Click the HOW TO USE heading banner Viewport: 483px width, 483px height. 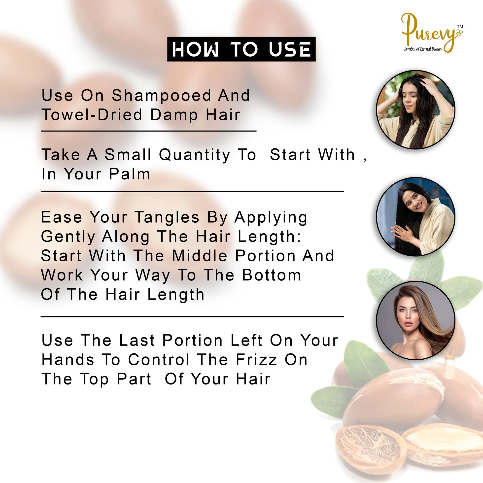[x=241, y=49]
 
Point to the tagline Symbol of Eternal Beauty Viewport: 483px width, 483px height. [x=423, y=49]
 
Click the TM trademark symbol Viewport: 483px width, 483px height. [x=460, y=27]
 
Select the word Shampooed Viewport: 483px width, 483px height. [x=161, y=96]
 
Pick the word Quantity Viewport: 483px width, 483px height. [x=195, y=155]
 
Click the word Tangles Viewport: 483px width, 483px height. [x=167, y=217]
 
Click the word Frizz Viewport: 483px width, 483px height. [x=256, y=359]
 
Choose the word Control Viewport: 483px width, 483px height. [x=159, y=359]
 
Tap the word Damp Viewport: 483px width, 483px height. [x=174, y=115]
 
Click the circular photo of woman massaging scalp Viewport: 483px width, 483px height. [x=415, y=110]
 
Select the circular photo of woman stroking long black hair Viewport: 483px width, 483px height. [x=415, y=216]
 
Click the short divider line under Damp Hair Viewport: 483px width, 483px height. [x=149, y=131]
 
